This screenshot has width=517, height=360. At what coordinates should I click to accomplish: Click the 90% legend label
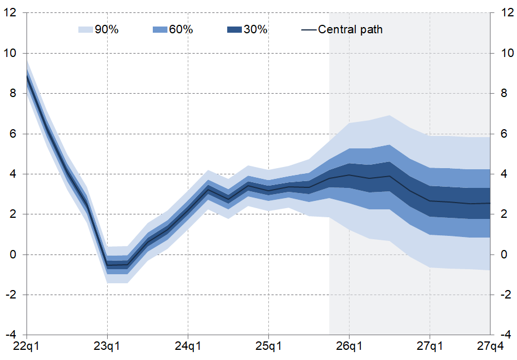coord(106,30)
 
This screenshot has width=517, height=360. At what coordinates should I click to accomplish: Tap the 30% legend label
coord(255,30)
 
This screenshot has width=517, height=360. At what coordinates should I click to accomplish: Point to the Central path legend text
coord(350,30)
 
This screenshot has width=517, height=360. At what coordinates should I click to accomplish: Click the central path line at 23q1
coord(107,265)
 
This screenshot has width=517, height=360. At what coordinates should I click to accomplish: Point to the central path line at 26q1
coord(349,175)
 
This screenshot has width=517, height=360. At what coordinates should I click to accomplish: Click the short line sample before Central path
coord(308,30)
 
